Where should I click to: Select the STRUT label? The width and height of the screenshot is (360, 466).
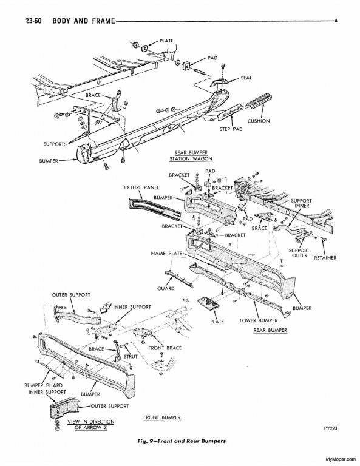(131, 357)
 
